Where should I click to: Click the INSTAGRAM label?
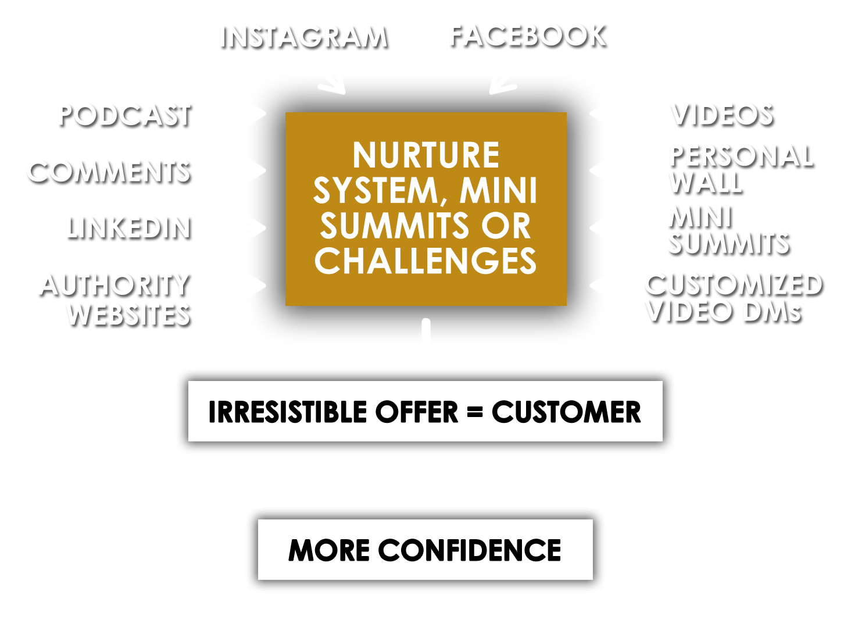point(303,37)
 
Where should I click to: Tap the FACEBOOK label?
point(527,36)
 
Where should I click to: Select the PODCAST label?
point(124,115)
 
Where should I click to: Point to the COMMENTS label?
point(109,172)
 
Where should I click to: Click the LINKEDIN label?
point(128,229)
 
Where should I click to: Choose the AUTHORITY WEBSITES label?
point(115,300)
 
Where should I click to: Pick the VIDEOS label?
point(722,115)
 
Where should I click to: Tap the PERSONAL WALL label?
point(741,169)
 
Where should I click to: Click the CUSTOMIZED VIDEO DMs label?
point(734,298)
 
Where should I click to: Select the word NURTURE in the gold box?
point(425,155)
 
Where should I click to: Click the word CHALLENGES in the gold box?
point(425,261)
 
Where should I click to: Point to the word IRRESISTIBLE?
point(287,412)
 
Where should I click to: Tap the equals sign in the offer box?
point(475,412)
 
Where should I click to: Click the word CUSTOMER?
point(566,412)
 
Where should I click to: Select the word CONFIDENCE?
point(470,550)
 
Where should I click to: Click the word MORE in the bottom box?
point(329,550)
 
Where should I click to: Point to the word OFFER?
point(417,412)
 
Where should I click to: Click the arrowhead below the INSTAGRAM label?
point(333,85)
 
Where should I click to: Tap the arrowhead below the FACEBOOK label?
point(502,85)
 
